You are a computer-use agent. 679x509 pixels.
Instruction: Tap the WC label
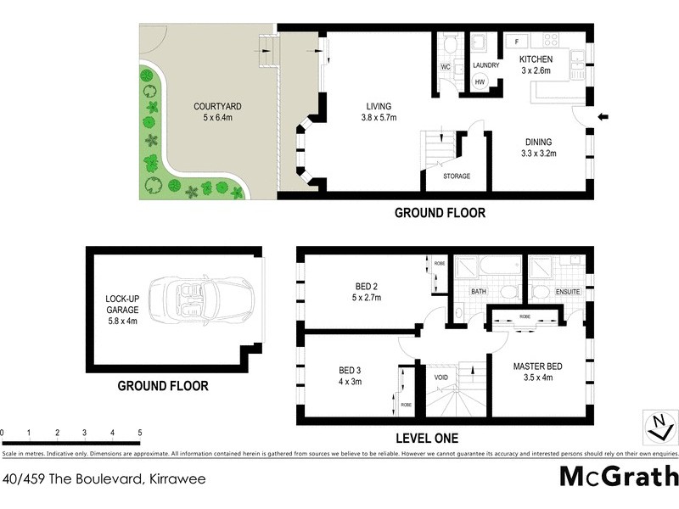pyautogui.click(x=445, y=67)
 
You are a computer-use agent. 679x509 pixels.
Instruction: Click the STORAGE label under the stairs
pyautogui.click(x=457, y=176)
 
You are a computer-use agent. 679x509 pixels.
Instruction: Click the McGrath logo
pyautogui.click(x=619, y=475)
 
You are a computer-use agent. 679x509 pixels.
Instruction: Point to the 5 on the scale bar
pyautogui.click(x=139, y=433)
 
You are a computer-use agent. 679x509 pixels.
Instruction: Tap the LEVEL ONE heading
pyautogui.click(x=428, y=439)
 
